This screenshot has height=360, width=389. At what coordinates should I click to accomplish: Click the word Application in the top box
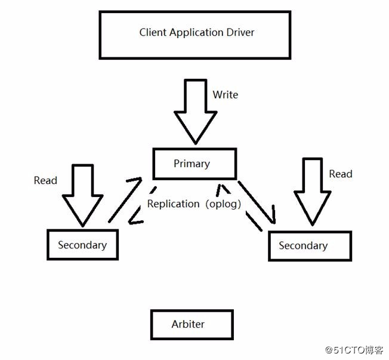tap(193, 33)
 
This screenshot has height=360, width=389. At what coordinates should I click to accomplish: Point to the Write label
tap(226, 94)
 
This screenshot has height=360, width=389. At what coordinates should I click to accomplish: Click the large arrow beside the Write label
tap(196, 112)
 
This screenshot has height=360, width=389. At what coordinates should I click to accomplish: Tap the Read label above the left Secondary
tap(45, 180)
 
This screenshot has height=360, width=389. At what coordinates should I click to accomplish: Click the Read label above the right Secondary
tap(340, 174)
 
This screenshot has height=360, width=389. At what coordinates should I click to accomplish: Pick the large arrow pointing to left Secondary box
tap(82, 196)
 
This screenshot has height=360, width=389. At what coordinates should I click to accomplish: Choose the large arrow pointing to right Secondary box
tap(313, 192)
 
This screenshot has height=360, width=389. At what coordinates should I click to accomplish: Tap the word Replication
tap(174, 204)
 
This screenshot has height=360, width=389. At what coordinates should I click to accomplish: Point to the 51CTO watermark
tap(354, 350)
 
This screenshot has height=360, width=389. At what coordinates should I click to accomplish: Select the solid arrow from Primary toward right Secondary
tap(257, 202)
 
